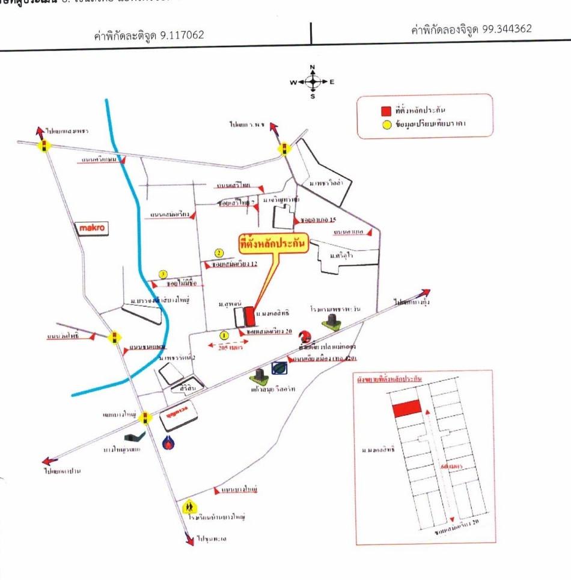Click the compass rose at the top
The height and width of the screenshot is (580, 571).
313,81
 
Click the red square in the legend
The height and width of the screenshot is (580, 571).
385,111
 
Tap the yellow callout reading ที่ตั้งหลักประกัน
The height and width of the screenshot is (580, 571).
273,243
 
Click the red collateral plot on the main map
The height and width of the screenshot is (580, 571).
249,316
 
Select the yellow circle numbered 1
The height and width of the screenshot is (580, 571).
224,335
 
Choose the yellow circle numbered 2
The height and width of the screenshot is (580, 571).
219,253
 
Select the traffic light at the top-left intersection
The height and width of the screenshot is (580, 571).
44,145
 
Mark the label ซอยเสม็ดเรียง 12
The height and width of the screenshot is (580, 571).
234,264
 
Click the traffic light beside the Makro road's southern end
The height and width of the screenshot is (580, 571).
114,337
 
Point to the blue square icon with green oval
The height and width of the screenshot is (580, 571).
279,368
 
